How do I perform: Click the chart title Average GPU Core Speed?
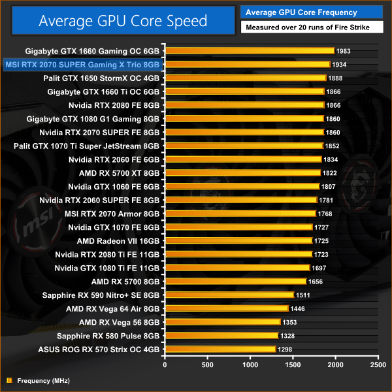point(123,21)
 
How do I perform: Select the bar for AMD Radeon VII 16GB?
point(238,240)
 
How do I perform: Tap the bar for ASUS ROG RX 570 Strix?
point(220,350)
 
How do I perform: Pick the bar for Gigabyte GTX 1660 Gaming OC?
point(250,50)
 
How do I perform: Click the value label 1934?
point(338,64)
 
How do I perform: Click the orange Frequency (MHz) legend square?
point(8,380)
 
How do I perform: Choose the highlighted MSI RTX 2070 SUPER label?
point(82,64)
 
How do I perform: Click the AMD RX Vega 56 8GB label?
point(119,322)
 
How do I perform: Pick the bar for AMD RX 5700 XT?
point(242,172)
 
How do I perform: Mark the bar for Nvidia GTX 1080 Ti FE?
point(237,268)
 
